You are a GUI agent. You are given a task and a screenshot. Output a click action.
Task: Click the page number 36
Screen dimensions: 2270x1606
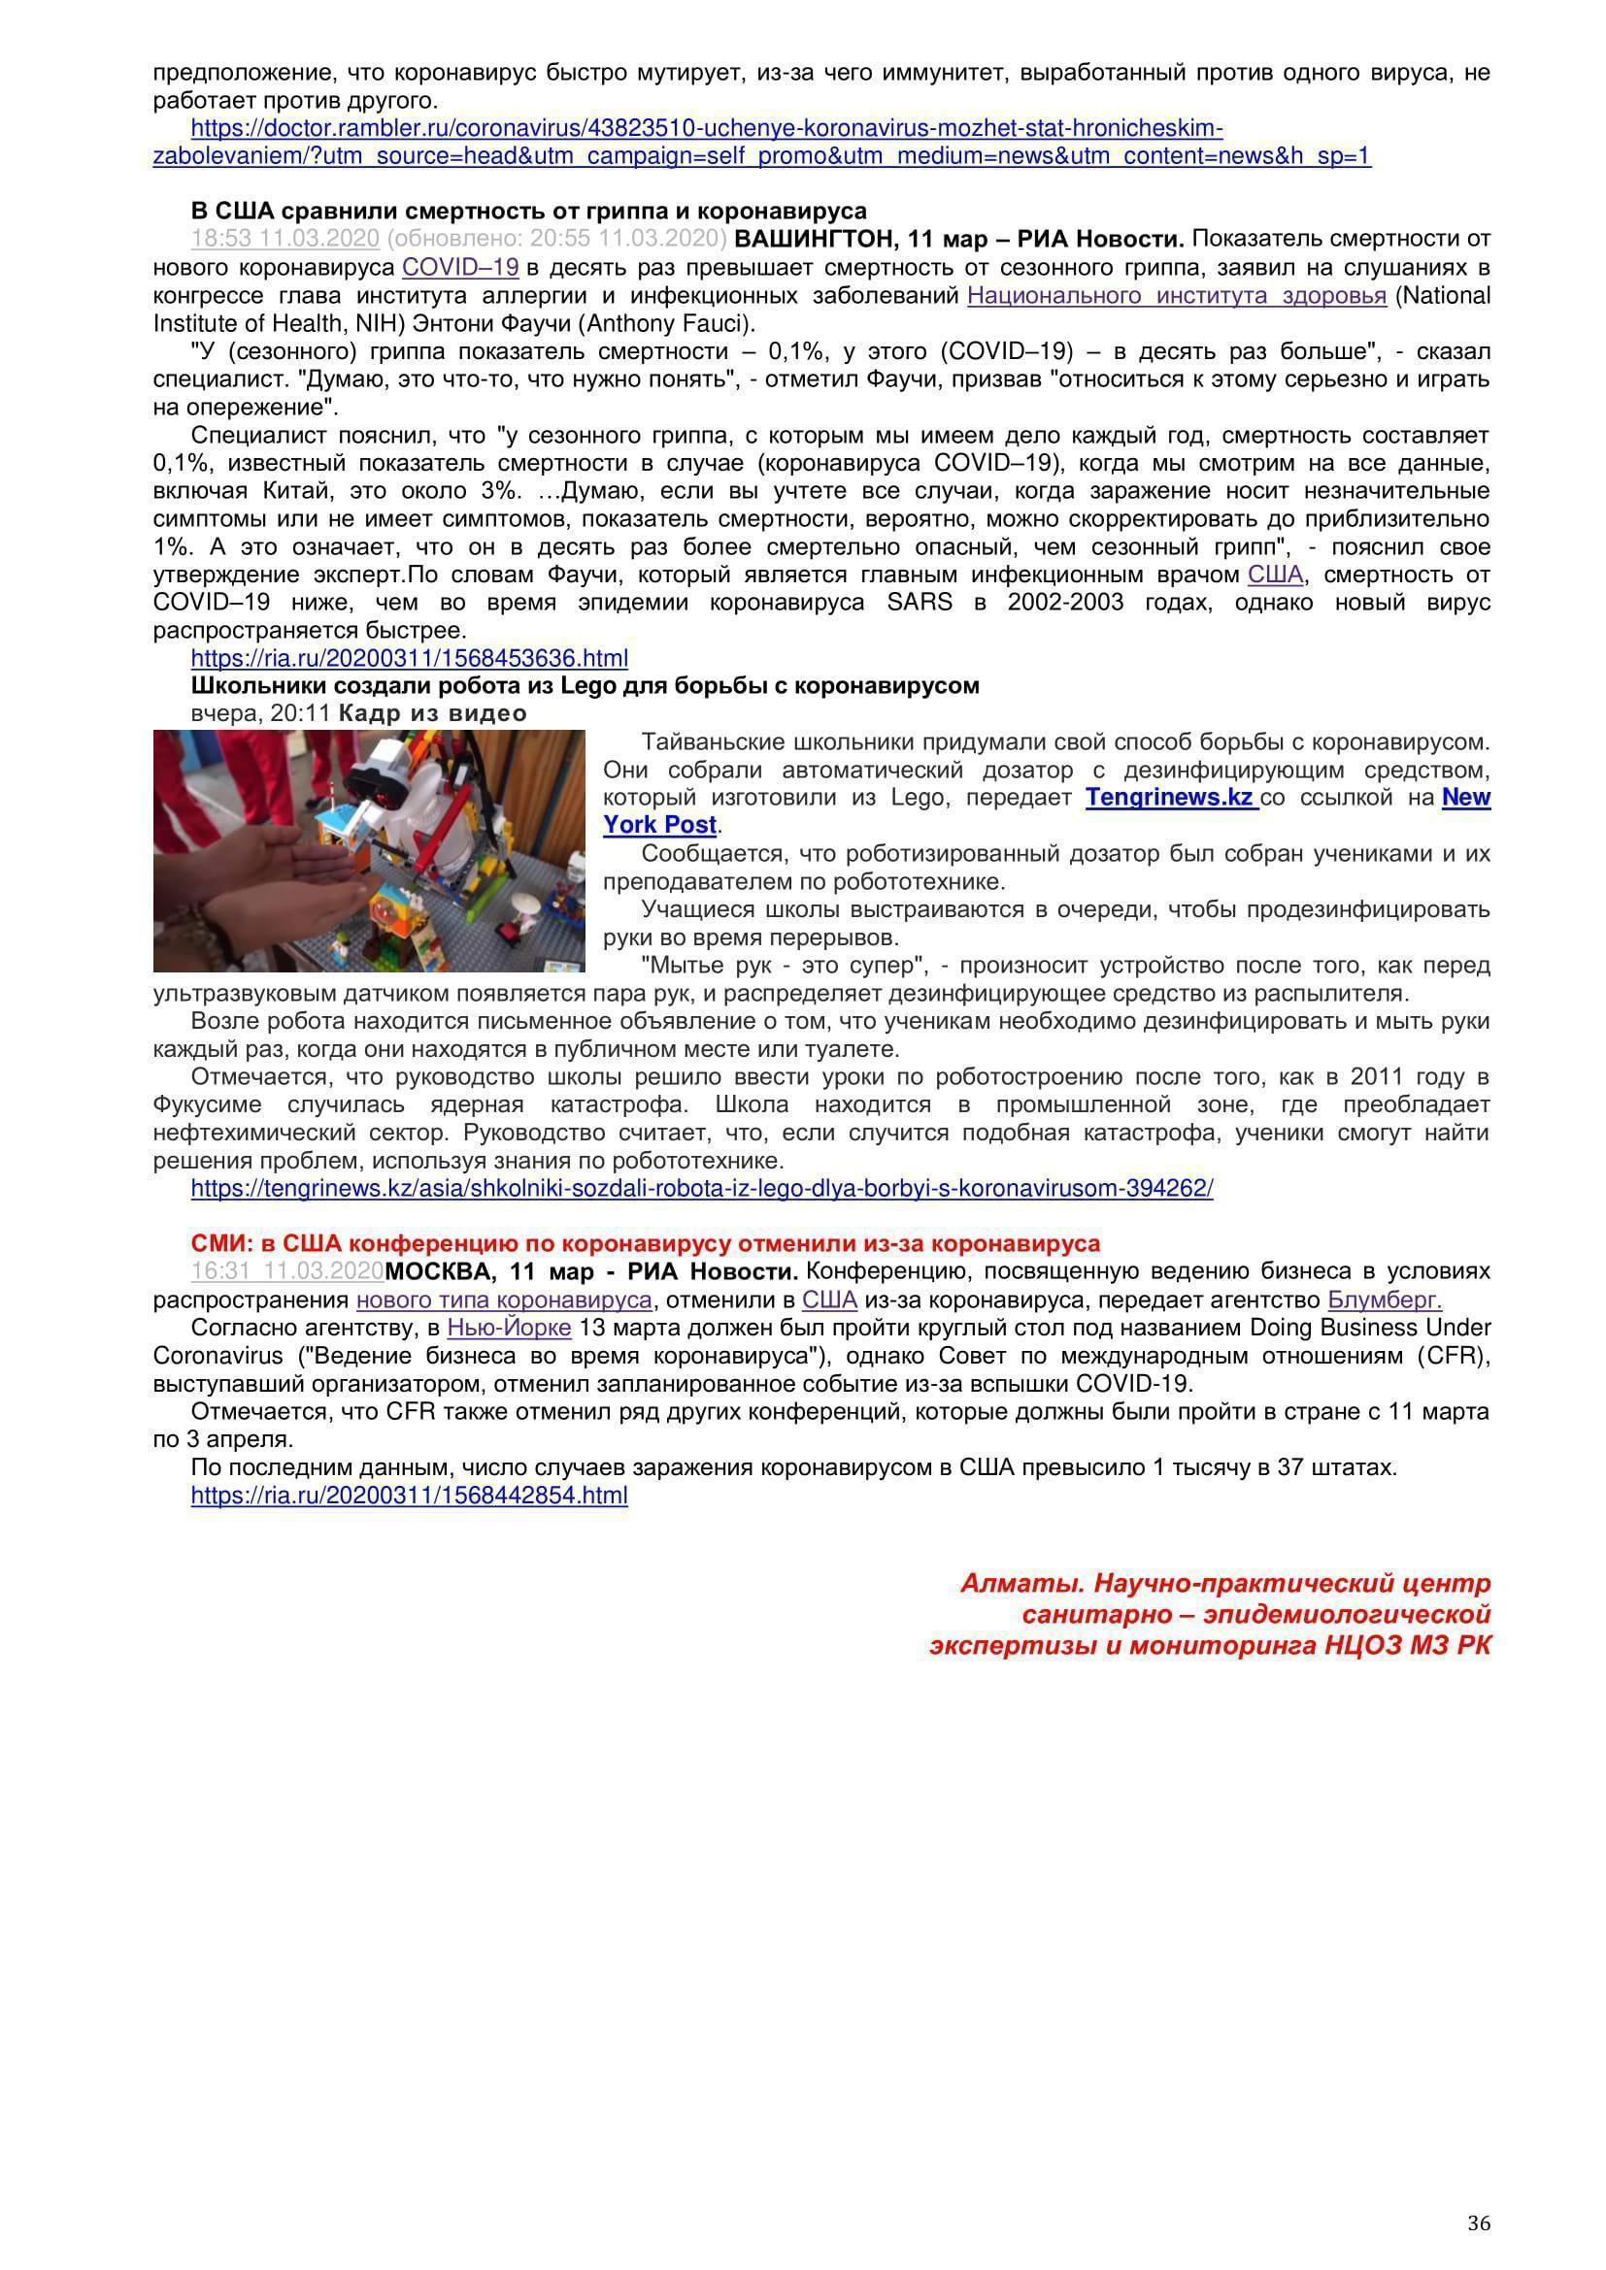[x=1479, y=2223]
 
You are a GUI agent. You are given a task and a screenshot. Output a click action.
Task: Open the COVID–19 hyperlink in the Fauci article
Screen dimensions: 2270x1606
[x=460, y=267]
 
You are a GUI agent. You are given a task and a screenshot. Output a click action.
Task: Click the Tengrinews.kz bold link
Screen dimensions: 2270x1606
[x=1170, y=798]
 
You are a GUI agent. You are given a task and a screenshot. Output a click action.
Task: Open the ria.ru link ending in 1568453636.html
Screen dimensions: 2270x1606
[x=410, y=658]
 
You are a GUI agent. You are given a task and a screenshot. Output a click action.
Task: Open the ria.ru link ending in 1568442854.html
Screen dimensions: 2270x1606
[x=410, y=1496]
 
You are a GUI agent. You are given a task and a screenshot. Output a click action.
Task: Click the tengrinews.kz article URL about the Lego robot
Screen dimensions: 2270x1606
[x=701, y=1189]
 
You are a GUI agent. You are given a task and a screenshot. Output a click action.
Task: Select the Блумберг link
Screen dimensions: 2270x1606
[x=1384, y=1300]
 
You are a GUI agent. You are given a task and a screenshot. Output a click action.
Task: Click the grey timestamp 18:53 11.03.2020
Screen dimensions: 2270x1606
[x=284, y=240]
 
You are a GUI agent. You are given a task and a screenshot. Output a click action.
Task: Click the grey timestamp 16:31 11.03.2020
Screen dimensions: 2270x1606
[x=286, y=1272]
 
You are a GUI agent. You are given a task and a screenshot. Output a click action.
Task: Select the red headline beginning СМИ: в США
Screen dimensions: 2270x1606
[x=645, y=1244]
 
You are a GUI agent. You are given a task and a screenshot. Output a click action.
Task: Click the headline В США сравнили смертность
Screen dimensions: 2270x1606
[x=528, y=211]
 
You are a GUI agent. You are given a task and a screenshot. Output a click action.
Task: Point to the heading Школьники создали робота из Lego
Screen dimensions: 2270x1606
[x=585, y=686]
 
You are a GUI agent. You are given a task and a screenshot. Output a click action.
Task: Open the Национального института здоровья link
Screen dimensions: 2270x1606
[x=1176, y=296]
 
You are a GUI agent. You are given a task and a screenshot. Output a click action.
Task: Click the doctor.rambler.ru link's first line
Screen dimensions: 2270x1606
[x=706, y=128]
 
